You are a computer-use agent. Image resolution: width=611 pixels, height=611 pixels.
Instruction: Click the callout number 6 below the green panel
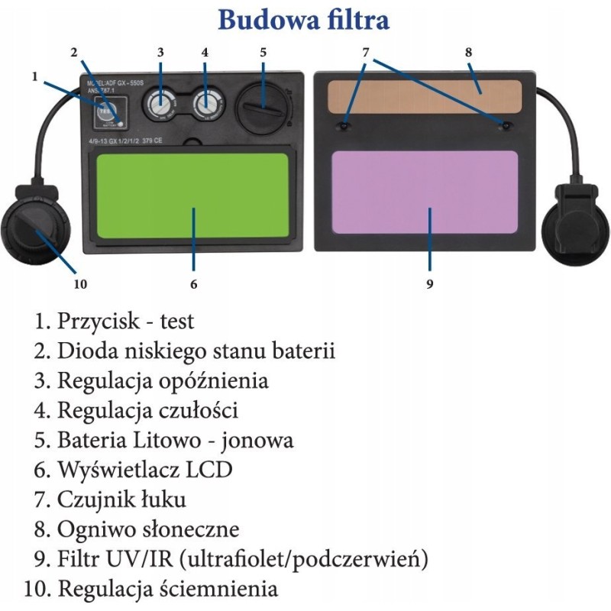[194, 284]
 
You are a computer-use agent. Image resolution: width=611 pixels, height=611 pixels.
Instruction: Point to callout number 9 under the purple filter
[429, 284]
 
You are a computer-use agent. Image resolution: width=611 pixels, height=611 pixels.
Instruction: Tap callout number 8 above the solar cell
[468, 53]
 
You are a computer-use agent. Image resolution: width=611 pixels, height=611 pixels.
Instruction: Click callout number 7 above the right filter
[366, 53]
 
